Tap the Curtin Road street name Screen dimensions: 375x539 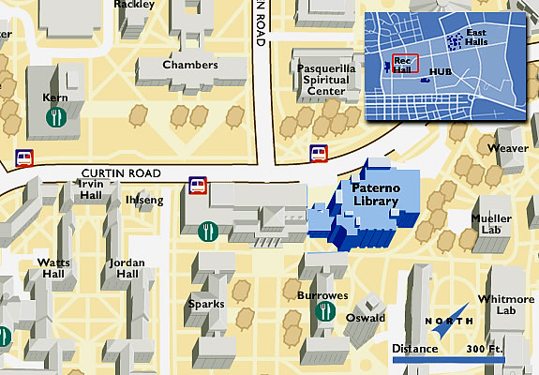pyautogui.click(x=121, y=173)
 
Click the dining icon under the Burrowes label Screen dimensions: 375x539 pyautogui.click(x=326, y=311)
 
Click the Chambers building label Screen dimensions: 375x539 pyautogui.click(x=189, y=65)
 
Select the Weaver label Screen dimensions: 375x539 pyautogui.click(x=508, y=148)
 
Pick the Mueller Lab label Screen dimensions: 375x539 pyautogui.click(x=490, y=223)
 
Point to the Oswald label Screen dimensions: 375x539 pyautogui.click(x=366, y=318)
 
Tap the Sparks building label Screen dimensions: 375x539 pyautogui.click(x=205, y=304)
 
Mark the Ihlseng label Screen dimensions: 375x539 pyautogui.click(x=143, y=200)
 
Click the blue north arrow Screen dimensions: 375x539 pyautogui.click(x=457, y=316)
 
